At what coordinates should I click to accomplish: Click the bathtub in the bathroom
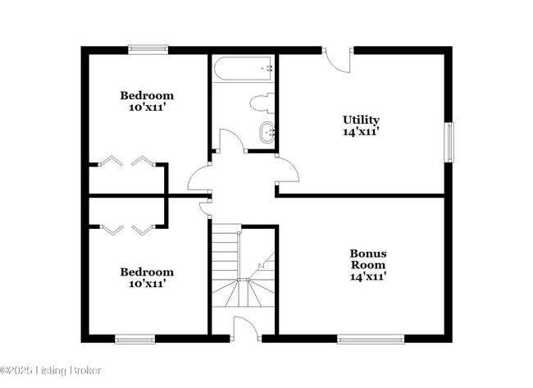244,69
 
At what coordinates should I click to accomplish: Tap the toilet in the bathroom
263,103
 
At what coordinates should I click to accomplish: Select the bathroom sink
266,130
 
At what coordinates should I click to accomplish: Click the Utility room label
361,120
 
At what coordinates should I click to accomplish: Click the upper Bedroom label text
147,94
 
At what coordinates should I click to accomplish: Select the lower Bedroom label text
147,272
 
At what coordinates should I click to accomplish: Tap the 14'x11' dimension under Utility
361,131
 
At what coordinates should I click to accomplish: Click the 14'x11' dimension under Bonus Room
368,276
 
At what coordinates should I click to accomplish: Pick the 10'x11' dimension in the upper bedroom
147,107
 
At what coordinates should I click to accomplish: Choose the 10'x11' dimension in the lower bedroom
147,284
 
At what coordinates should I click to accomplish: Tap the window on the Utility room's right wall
449,143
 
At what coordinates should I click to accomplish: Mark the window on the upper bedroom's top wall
148,49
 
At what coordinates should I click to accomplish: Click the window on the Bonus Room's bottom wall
371,339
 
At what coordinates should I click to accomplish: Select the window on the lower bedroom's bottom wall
134,339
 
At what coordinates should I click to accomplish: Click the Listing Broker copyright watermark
51,371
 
